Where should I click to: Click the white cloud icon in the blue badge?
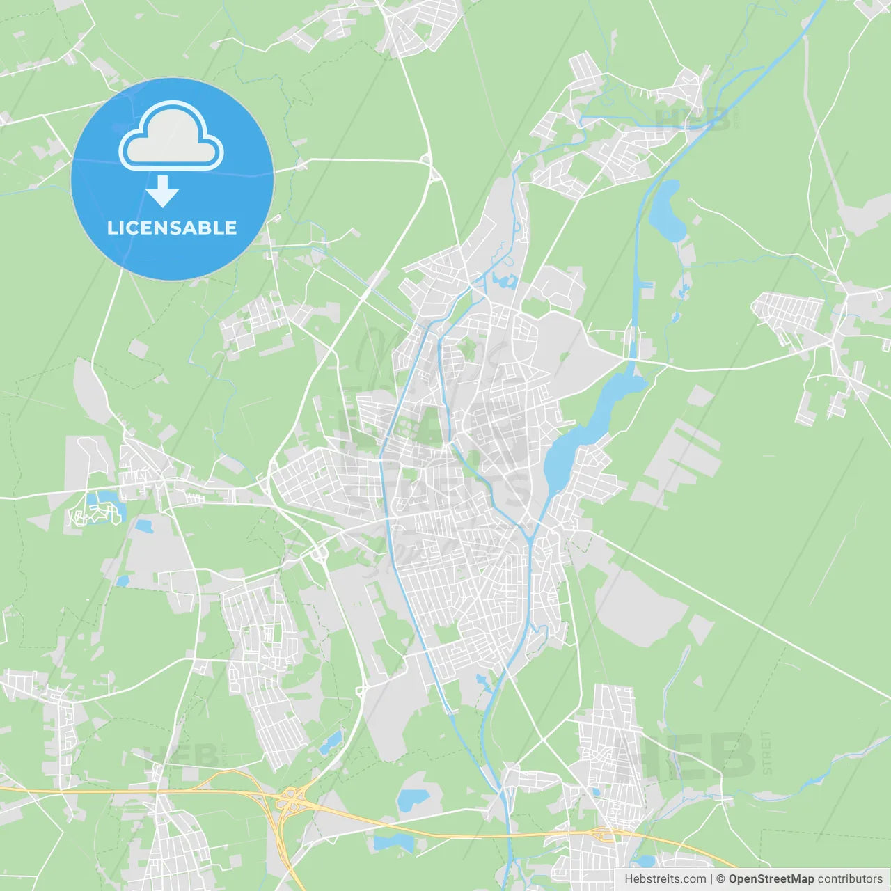point(171,137)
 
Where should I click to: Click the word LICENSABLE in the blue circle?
point(172,228)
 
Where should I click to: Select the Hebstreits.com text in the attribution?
point(665,879)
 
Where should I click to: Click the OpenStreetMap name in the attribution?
point(771,879)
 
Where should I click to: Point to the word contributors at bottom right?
point(850,879)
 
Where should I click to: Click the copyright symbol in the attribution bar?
point(720,879)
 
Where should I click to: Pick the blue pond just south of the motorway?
point(393,843)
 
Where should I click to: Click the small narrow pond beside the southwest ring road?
point(331,742)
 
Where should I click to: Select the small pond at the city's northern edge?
point(504,281)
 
